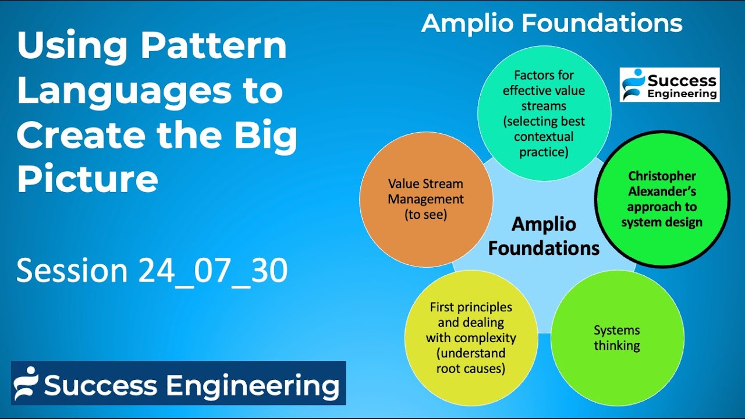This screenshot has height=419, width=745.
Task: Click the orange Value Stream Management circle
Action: tap(426, 200)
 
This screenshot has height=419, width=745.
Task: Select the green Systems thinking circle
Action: tap(617, 338)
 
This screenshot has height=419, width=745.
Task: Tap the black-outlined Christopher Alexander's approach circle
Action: tap(662, 199)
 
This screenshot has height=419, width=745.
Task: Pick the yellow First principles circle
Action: tap(471, 338)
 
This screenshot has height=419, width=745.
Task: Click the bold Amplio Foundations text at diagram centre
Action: tap(544, 236)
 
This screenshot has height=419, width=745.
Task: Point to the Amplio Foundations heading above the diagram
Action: tap(551, 24)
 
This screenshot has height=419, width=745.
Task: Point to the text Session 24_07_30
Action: tap(152, 271)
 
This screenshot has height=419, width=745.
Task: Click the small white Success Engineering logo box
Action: tap(669, 85)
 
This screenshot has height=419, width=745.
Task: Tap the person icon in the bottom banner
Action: tap(26, 383)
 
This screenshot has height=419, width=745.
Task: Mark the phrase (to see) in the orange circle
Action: tap(426, 215)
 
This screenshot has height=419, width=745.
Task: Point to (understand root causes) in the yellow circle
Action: tap(471, 361)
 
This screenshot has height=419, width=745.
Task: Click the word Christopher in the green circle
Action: tap(662, 176)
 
